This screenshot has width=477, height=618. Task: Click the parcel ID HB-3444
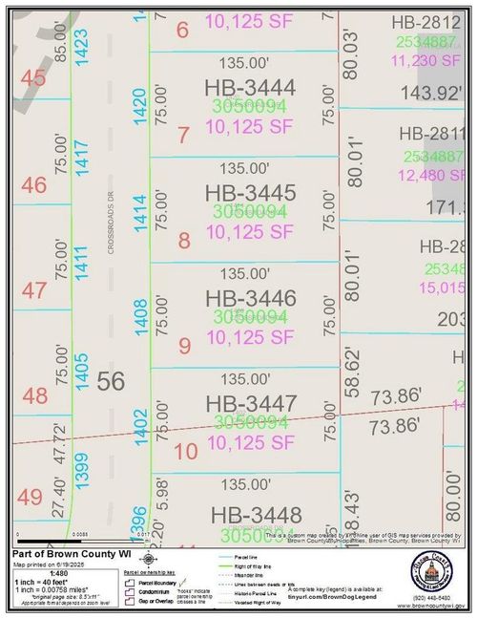pos(250,88)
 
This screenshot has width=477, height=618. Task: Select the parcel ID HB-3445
pos(250,193)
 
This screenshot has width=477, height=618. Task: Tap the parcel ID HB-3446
pos(250,298)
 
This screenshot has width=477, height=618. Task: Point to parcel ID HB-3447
pos(250,403)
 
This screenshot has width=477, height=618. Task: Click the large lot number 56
pos(111,381)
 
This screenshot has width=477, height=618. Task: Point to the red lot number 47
pos(34,290)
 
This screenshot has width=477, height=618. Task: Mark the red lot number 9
pos(184,343)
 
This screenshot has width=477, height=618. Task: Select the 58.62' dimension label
pos(354,371)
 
